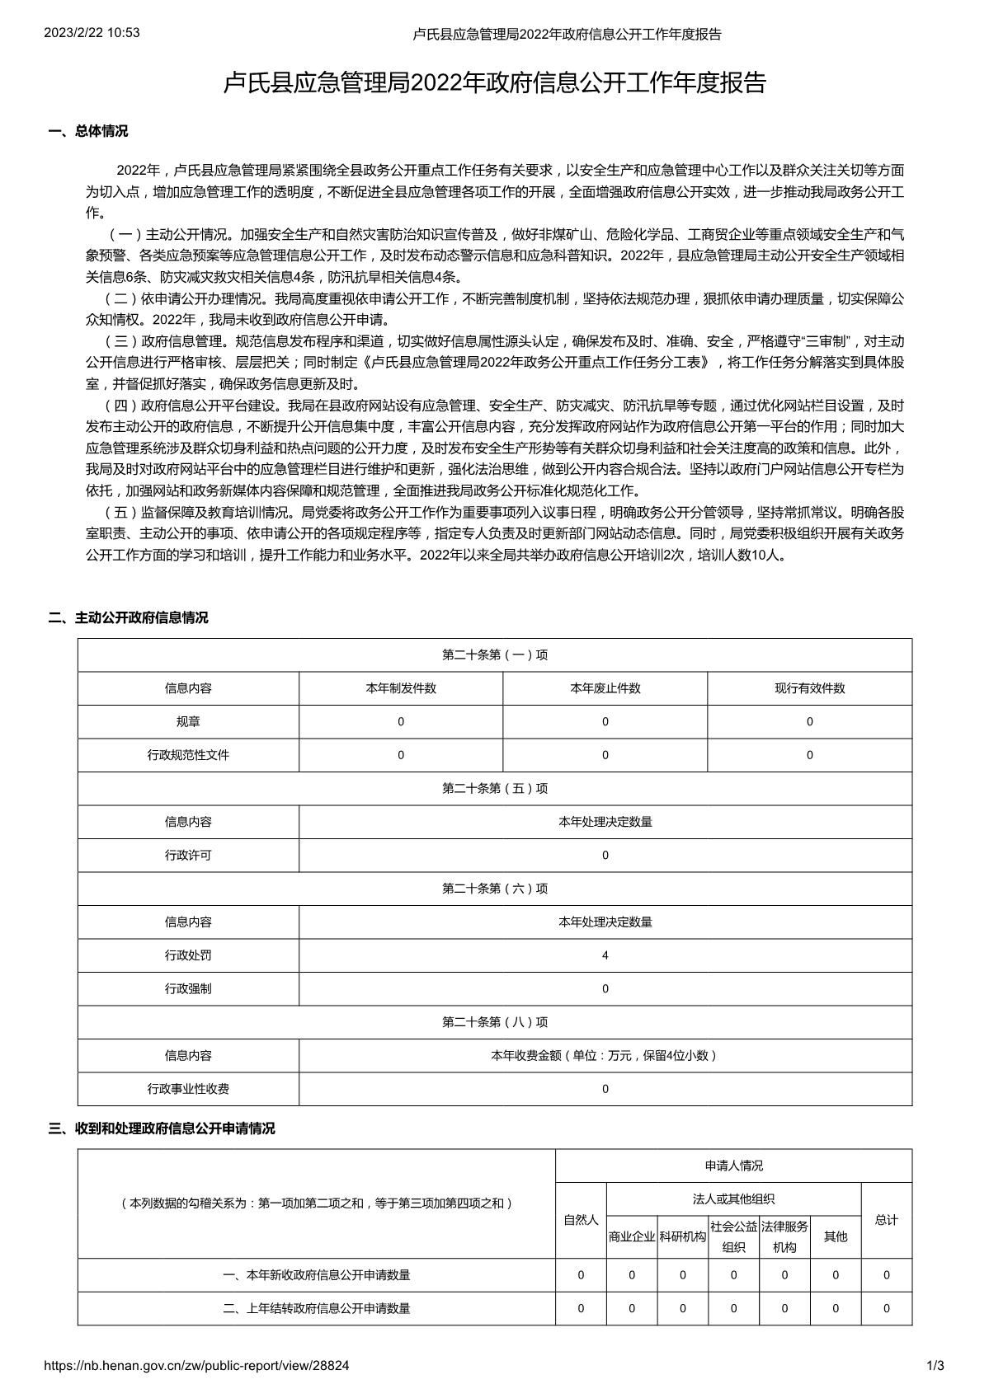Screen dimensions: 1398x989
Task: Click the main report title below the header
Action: (x=495, y=83)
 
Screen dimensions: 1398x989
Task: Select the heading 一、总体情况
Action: (x=88, y=131)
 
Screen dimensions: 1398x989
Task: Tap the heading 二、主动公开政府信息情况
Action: (x=129, y=617)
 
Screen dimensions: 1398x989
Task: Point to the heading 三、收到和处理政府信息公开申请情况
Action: (x=162, y=1128)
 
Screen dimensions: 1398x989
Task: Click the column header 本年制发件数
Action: (x=401, y=688)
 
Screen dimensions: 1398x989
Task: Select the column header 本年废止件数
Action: (x=605, y=688)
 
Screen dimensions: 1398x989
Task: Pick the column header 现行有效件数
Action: (x=809, y=688)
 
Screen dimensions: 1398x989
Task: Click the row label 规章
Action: (x=188, y=721)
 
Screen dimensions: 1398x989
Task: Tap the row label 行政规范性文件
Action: (x=188, y=755)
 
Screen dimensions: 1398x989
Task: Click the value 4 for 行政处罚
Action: (x=605, y=955)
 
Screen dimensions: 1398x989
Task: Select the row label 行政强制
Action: (x=188, y=988)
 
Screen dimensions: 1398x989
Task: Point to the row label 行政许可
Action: (x=188, y=856)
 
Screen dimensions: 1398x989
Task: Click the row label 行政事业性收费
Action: (x=188, y=1089)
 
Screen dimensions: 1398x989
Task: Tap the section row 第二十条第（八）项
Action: (x=495, y=1022)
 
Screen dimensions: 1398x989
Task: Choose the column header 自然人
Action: (x=581, y=1220)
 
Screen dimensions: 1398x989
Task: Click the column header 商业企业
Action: (x=632, y=1236)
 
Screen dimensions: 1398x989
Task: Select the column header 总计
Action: (x=887, y=1220)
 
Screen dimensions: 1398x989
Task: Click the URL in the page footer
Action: (x=196, y=1366)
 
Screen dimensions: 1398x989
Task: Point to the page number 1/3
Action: (x=935, y=1366)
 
